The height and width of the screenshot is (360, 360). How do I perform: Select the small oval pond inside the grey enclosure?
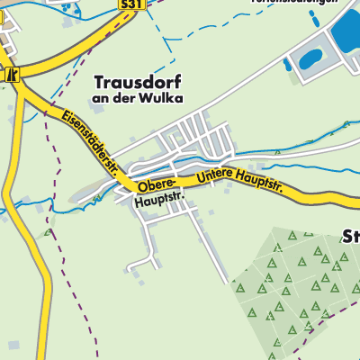(x=310, y=59)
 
